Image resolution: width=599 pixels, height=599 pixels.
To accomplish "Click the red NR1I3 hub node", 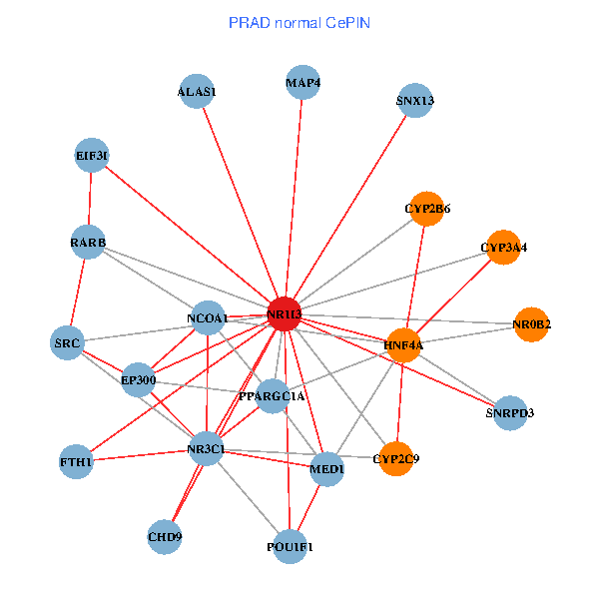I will [x=285, y=313].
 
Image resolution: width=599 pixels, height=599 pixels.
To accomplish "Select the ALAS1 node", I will [x=197, y=91].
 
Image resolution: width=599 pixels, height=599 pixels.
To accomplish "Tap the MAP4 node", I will [x=302, y=82].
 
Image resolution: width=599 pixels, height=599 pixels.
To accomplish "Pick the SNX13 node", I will [x=414, y=100].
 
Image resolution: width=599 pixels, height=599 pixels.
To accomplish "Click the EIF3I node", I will [x=92, y=155].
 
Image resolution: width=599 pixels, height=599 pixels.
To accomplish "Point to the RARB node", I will [x=88, y=243].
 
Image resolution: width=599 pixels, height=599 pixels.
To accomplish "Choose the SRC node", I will [x=67, y=343].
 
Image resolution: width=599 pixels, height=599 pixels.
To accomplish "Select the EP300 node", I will [x=138, y=379].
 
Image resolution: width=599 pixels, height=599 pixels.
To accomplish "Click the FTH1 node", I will [x=76, y=462].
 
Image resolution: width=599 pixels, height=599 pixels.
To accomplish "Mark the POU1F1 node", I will [x=290, y=546].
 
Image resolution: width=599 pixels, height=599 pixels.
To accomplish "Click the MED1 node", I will [x=327, y=468].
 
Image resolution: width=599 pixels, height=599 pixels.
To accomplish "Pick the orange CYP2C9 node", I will [x=396, y=459].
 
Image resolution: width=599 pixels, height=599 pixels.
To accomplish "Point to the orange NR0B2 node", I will [x=532, y=324].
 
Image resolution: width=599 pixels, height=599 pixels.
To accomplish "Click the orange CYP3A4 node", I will [x=503, y=247].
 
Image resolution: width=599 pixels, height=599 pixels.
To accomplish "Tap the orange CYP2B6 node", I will [x=427, y=209].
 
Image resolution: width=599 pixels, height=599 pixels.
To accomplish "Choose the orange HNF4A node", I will [x=403, y=344].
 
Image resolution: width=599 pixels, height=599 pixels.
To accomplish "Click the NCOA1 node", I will [x=207, y=318].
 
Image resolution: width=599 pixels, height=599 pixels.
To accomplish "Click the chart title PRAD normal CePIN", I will [x=299, y=21].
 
